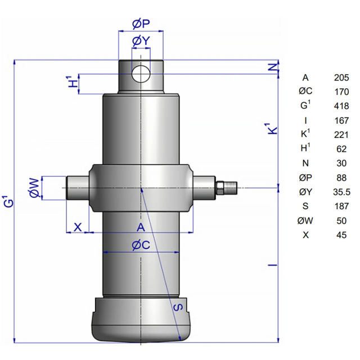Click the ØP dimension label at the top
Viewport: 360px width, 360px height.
point(141,24)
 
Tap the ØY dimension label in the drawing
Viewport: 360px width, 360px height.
point(141,41)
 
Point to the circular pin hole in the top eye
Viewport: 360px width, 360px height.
point(141,74)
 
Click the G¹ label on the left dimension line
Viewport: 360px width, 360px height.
point(9,201)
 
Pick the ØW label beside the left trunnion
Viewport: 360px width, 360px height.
point(35,188)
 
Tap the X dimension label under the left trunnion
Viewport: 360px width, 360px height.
point(78,227)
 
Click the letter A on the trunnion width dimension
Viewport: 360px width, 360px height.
point(141,227)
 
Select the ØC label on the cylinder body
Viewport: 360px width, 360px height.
point(141,245)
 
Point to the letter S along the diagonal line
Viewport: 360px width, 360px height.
point(178,307)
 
